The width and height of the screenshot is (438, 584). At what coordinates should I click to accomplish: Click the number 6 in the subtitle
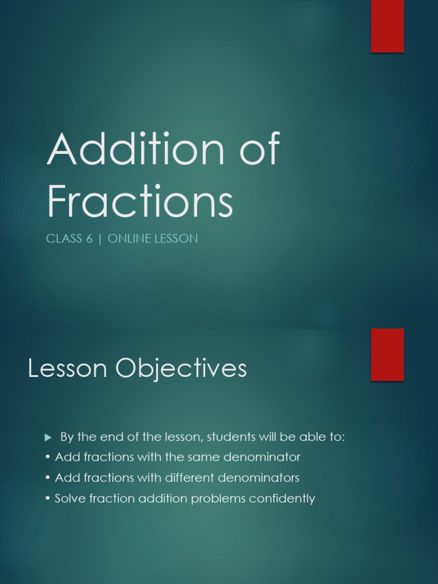click(89, 239)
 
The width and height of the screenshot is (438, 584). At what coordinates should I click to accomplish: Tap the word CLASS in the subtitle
click(64, 239)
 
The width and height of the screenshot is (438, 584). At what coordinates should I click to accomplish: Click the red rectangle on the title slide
click(388, 26)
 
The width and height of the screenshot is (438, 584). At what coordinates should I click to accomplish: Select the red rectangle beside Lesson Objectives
click(388, 354)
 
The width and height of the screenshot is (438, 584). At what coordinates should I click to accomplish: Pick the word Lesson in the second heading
click(67, 369)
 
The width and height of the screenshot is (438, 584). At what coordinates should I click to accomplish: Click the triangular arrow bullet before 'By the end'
click(48, 437)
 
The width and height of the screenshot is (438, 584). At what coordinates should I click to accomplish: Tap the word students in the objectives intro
click(230, 437)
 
